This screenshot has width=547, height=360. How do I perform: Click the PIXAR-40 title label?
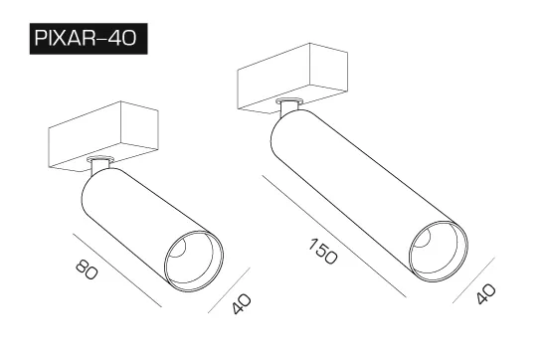click(89, 39)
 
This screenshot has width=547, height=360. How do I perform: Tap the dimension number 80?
click(87, 269)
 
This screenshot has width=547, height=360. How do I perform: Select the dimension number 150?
click(323, 252)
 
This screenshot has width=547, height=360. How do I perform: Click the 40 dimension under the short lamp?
click(242, 304)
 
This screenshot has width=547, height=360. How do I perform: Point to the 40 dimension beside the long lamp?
click(486, 293)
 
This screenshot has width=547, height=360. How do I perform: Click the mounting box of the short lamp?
click(103, 136)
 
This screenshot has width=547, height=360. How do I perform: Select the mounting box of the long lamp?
click(292, 79)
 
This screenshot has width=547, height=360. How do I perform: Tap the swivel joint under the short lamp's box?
click(99, 165)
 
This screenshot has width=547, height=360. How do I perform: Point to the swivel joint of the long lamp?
click(288, 106)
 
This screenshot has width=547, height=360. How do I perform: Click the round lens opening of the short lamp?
click(194, 261)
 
